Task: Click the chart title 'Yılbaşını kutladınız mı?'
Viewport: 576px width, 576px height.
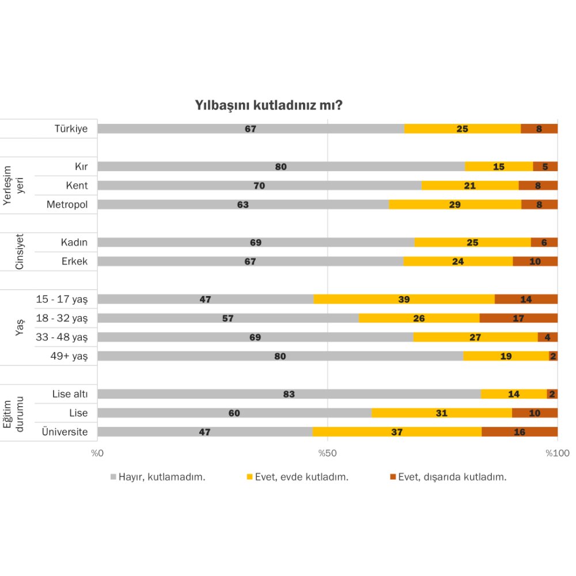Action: point(269,106)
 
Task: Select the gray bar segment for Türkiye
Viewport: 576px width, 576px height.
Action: point(251,128)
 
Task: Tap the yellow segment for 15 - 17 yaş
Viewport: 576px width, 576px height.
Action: point(404,299)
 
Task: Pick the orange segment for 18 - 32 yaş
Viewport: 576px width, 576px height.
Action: point(518,318)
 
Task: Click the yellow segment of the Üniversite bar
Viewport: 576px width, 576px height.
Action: point(397,432)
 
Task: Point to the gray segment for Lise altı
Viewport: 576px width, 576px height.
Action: point(289,394)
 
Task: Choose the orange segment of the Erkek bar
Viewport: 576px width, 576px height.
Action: point(535,262)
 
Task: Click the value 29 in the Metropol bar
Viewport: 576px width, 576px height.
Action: point(454,204)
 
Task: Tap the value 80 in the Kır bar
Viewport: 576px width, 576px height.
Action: point(281,166)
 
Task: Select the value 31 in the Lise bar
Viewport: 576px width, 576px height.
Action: point(442,413)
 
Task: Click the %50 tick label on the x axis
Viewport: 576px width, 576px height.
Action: point(327,453)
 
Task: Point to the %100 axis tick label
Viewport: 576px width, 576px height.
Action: point(557,453)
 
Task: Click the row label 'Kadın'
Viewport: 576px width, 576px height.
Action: point(74,242)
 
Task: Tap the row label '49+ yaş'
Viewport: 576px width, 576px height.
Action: point(69,356)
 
